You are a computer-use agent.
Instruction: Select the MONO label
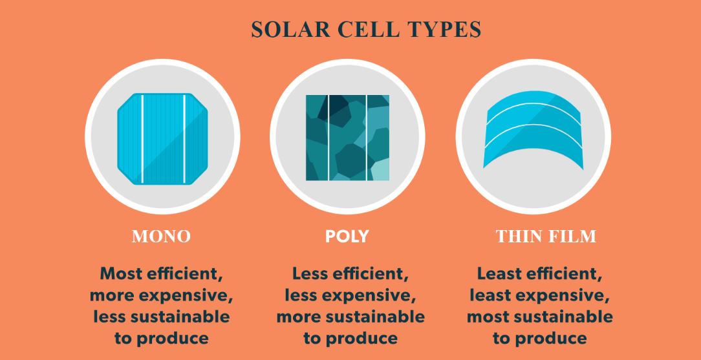pyautogui.click(x=162, y=237)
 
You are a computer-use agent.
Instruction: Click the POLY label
pyautogui.click(x=347, y=237)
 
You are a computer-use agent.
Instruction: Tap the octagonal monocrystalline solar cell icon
pyautogui.click(x=163, y=138)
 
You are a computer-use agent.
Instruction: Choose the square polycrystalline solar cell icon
pyautogui.click(x=347, y=138)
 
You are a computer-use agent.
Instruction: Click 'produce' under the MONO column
pyautogui.click(x=173, y=338)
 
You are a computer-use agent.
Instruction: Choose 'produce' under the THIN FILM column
pyautogui.click(x=551, y=338)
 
